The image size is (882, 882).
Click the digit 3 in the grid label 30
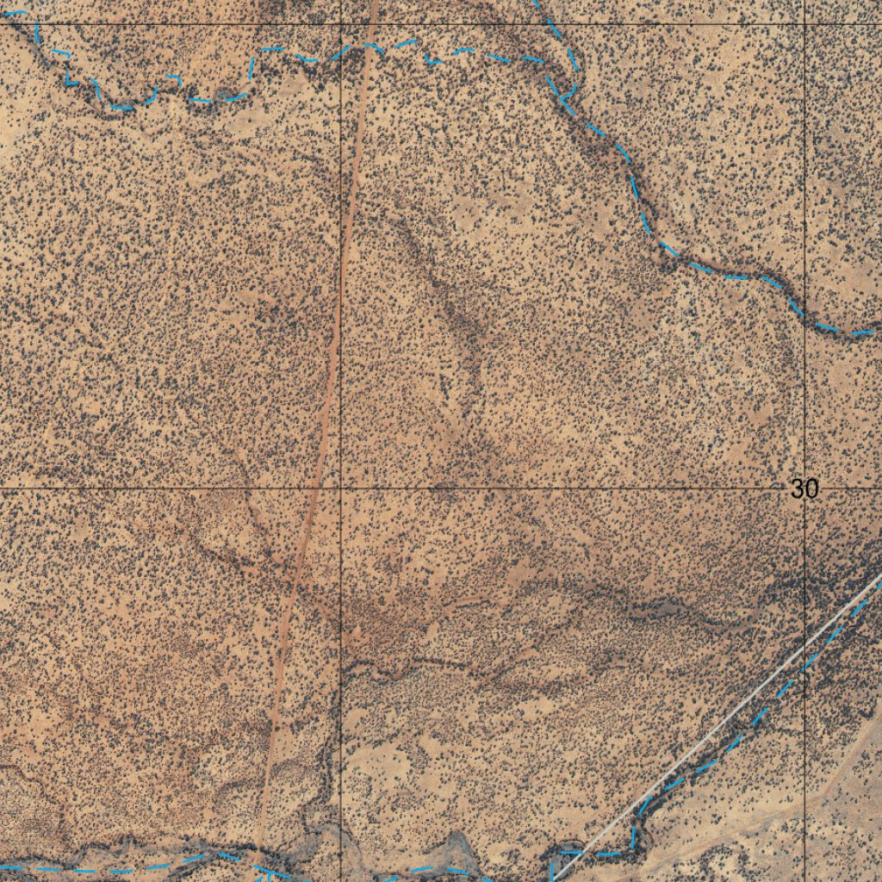point(798,489)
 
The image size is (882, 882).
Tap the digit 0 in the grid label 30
point(811,489)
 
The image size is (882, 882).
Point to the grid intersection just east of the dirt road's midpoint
point(341,488)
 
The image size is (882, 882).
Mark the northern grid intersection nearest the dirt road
point(341,24)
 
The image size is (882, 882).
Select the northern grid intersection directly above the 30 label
point(804,24)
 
